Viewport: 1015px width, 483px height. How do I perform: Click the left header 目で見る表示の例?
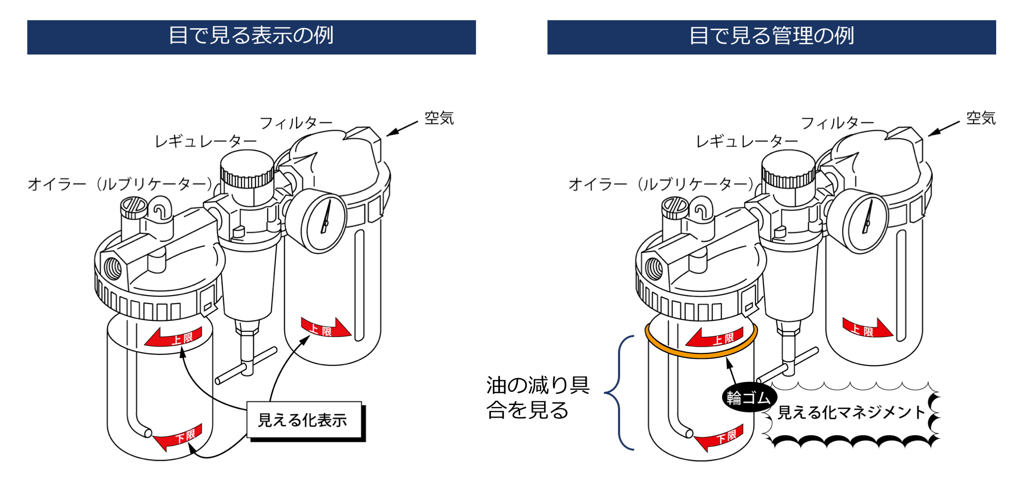point(251,37)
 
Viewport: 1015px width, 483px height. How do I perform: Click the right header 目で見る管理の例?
point(771,37)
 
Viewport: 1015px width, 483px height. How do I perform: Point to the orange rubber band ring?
point(700,355)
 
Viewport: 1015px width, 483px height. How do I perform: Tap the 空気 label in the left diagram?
point(439,118)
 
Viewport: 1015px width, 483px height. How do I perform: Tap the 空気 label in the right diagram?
point(980,118)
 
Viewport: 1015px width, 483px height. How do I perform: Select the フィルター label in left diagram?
point(296,123)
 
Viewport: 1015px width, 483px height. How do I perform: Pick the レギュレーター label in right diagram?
point(747,141)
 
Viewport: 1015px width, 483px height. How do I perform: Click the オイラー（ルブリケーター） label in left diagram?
point(120,184)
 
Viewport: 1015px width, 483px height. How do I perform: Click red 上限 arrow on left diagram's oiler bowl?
point(174,337)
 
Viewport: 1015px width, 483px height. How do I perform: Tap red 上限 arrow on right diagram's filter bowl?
point(867,329)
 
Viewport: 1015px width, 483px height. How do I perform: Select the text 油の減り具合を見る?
point(538,397)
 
